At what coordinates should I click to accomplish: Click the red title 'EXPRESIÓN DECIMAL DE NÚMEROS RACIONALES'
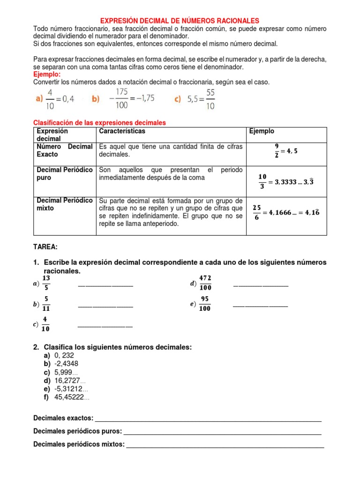180,21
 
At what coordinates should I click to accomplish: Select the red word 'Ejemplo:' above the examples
47,75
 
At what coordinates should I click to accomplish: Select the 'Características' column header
122,131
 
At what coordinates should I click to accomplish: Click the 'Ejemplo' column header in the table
262,131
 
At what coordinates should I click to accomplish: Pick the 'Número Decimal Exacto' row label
65,150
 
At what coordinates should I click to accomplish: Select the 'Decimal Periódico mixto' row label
65,204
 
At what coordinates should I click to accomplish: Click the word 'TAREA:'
45,247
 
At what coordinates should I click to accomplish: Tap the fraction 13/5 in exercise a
46,283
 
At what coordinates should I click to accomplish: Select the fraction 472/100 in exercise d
205,283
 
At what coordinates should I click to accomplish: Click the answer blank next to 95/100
260,306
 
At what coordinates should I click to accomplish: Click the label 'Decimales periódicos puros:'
78,431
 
